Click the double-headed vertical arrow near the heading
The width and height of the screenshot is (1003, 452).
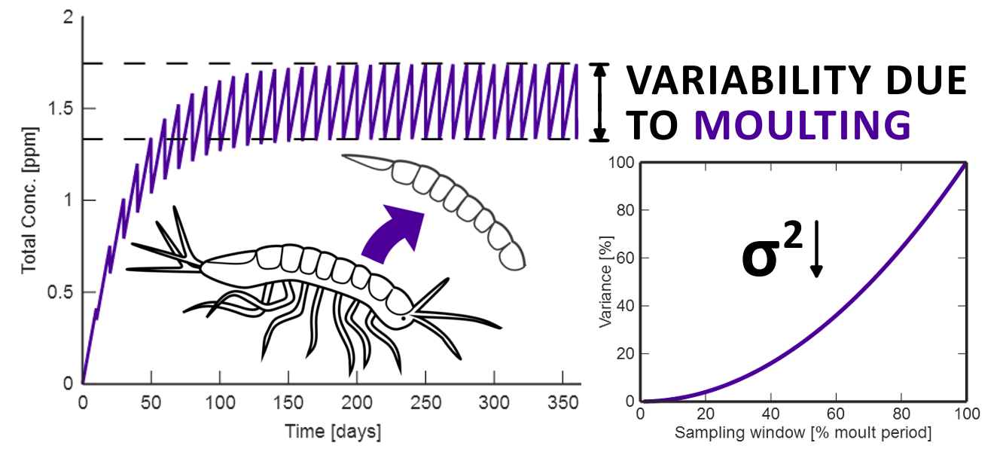point(599,102)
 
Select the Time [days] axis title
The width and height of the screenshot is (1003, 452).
point(332,432)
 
